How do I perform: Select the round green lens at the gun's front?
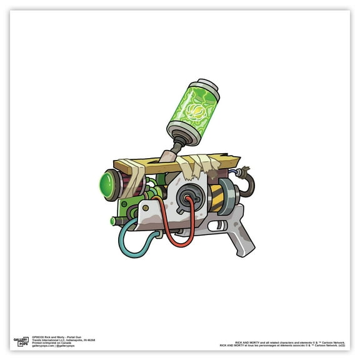tap(107, 185)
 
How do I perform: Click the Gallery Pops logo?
tap(22, 342)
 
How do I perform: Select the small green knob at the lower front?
tap(114, 221)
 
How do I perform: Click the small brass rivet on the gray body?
tap(146, 206)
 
